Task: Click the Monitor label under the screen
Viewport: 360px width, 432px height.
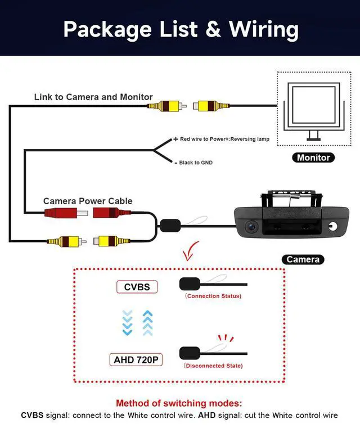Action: pos(313,157)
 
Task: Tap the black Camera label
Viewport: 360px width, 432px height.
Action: pos(303,259)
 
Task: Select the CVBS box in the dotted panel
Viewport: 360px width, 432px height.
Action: pos(137,287)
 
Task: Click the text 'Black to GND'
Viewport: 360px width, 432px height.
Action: pos(196,163)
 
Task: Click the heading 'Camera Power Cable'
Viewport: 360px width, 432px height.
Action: pos(88,201)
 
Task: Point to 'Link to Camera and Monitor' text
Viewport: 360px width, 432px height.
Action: pos(93,97)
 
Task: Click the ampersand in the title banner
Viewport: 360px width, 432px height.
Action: pos(213,29)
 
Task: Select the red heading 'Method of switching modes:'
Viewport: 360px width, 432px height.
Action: pos(179,403)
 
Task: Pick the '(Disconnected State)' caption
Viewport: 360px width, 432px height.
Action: pos(213,366)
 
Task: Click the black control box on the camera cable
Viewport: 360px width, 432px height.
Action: pos(169,226)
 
